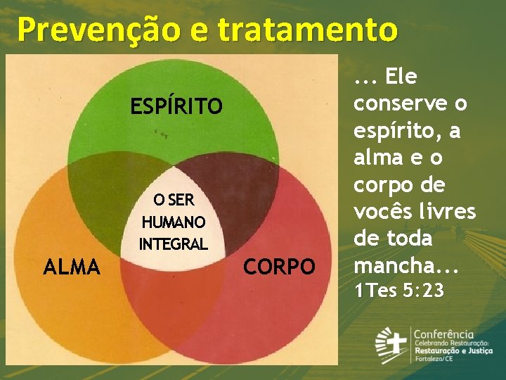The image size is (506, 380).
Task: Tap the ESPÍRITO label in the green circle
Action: tap(176, 106)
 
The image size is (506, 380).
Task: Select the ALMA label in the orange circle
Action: tap(72, 267)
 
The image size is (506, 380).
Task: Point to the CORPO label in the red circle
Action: tap(279, 267)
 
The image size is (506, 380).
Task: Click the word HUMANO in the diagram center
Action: tap(174, 222)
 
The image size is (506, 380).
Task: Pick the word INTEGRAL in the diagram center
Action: tap(174, 244)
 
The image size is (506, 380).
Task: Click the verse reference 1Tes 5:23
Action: tap(399, 290)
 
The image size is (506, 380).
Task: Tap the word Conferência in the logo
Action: tap(443, 334)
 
